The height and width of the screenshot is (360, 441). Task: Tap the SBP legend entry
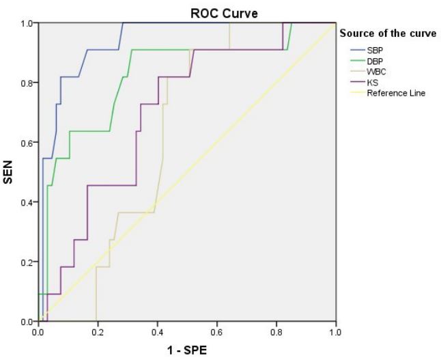[x=375, y=50]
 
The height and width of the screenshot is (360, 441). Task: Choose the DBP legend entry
[x=375, y=61]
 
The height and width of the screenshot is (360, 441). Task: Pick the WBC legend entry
[x=376, y=72]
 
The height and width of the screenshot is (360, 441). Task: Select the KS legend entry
[x=372, y=82]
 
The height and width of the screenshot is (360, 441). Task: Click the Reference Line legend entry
[x=396, y=93]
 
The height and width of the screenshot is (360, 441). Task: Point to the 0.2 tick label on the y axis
[x=27, y=262]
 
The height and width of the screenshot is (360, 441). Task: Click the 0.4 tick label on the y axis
[x=27, y=202]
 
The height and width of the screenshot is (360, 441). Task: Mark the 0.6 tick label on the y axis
[x=27, y=143]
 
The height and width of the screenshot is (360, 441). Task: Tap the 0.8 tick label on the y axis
[x=27, y=83]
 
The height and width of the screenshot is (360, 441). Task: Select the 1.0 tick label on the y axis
[x=27, y=24]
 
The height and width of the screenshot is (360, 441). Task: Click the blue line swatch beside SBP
[x=356, y=50]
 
